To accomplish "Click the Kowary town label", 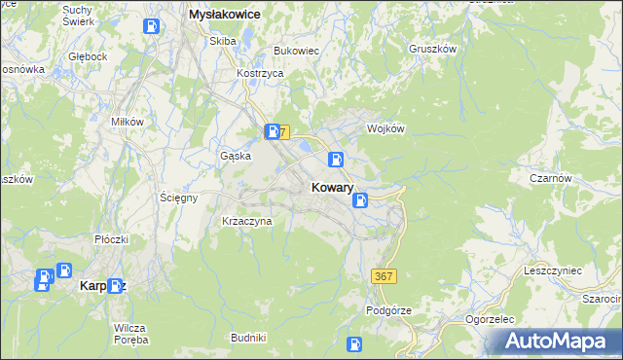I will coord(332,187).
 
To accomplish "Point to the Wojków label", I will coord(385,128).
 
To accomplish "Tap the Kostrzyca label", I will coord(261,74).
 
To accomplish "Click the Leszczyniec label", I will coord(552,270).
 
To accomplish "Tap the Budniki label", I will coord(248,337).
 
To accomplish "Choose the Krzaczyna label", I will coord(247,221).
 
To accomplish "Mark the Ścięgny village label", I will coord(179,197).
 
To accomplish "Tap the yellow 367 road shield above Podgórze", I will coord(384,277).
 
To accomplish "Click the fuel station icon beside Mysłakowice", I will coord(153,26).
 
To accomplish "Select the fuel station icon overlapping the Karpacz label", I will coord(117,286).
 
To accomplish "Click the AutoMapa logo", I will coord(558,342).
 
